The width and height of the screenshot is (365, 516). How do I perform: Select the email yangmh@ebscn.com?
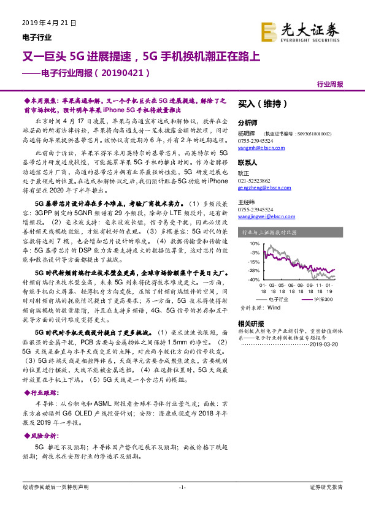tap(255, 148)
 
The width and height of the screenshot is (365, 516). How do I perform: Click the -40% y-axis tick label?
tap(251, 279)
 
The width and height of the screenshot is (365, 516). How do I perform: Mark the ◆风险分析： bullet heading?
tap(38, 435)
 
